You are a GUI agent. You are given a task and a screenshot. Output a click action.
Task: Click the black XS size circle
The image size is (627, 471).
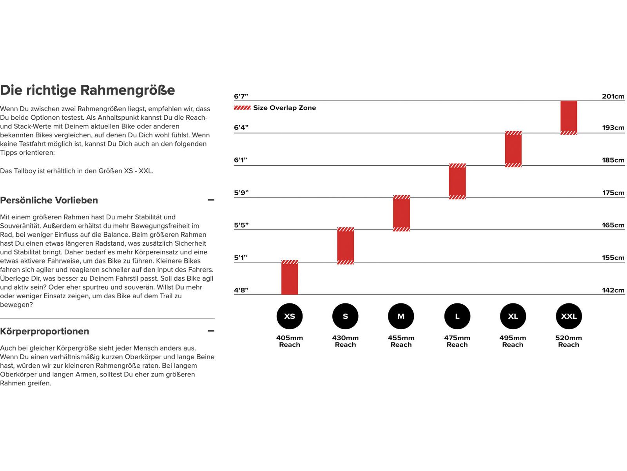pyautogui.click(x=290, y=316)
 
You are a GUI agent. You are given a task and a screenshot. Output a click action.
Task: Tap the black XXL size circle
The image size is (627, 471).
pyautogui.click(x=569, y=316)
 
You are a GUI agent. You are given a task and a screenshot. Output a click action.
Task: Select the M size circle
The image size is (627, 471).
pyautogui.click(x=401, y=316)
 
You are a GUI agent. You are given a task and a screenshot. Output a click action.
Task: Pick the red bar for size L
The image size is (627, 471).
pyautogui.click(x=457, y=181)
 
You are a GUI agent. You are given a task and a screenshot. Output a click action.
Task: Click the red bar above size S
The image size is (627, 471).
pyautogui.click(x=346, y=246)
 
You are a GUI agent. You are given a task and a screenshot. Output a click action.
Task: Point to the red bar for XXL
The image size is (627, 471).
pyautogui.click(x=569, y=117)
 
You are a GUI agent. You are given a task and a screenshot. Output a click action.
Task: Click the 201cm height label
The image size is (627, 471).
pyautogui.click(x=613, y=97)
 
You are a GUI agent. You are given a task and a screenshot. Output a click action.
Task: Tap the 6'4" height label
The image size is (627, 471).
pyautogui.click(x=241, y=128)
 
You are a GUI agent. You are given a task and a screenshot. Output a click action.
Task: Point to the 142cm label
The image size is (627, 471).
pyautogui.click(x=613, y=290)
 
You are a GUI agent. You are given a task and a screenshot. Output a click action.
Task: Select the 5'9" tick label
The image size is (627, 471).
pyautogui.click(x=241, y=193)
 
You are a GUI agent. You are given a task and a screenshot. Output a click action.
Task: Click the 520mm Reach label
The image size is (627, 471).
pyautogui.click(x=569, y=341)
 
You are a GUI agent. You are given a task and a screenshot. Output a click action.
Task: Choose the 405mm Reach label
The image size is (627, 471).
pyautogui.click(x=290, y=341)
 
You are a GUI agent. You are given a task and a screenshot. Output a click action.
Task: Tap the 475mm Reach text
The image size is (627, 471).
pyautogui.click(x=457, y=341)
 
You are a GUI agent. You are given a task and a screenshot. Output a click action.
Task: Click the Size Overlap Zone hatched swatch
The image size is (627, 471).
pyautogui.click(x=242, y=108)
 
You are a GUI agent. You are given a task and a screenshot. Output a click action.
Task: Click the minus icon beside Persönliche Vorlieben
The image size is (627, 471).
pyautogui.click(x=211, y=200)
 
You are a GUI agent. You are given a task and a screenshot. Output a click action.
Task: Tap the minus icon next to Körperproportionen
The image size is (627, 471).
pyautogui.click(x=211, y=331)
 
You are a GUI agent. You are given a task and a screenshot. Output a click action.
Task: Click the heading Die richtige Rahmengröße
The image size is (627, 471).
pyautogui.click(x=87, y=90)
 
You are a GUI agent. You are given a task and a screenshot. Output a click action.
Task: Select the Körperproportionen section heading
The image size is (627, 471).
pyautogui.click(x=45, y=331)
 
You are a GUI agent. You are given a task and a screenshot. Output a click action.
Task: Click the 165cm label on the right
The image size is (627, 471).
pyautogui.click(x=613, y=225)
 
